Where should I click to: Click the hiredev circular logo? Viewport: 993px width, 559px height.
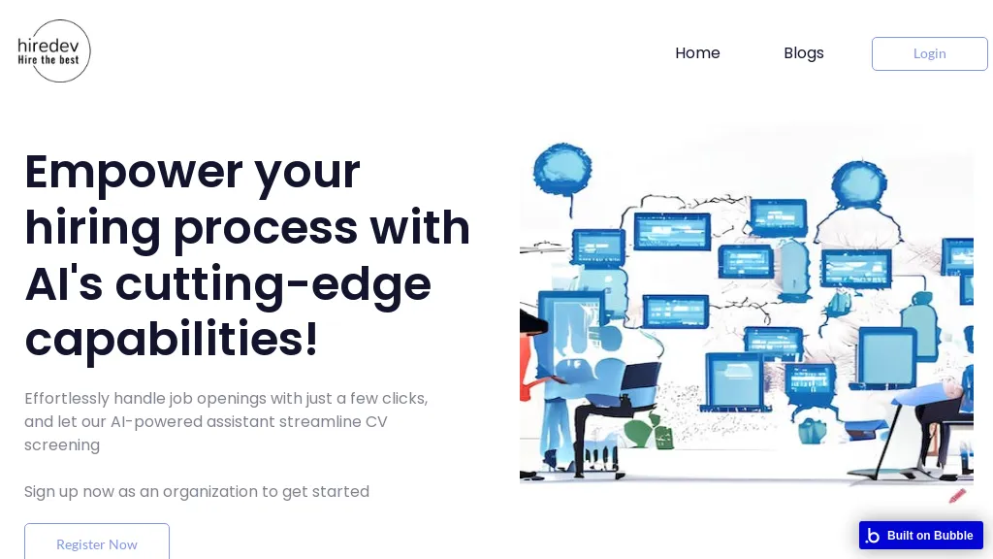click(x=54, y=50)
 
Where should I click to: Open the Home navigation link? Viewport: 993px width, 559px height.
click(x=697, y=53)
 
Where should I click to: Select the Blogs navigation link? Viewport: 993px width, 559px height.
click(x=804, y=53)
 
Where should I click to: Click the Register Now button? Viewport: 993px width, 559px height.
click(x=97, y=542)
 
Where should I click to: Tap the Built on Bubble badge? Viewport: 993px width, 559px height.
click(x=921, y=536)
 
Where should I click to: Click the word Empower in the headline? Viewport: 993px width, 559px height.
click(x=133, y=173)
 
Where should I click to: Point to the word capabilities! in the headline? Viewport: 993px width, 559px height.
click(x=171, y=339)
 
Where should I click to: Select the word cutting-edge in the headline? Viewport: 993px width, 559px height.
click(x=272, y=284)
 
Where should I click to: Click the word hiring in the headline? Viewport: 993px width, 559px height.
click(x=92, y=228)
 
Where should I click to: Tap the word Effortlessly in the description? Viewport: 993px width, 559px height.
click(x=67, y=399)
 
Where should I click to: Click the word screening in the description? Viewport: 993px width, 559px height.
click(x=62, y=444)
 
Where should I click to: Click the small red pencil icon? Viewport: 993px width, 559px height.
click(x=957, y=496)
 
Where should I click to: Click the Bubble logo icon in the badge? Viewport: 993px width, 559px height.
click(x=874, y=536)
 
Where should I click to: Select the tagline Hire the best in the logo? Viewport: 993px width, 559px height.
click(x=48, y=60)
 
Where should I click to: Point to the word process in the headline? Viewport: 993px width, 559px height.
click(x=266, y=229)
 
